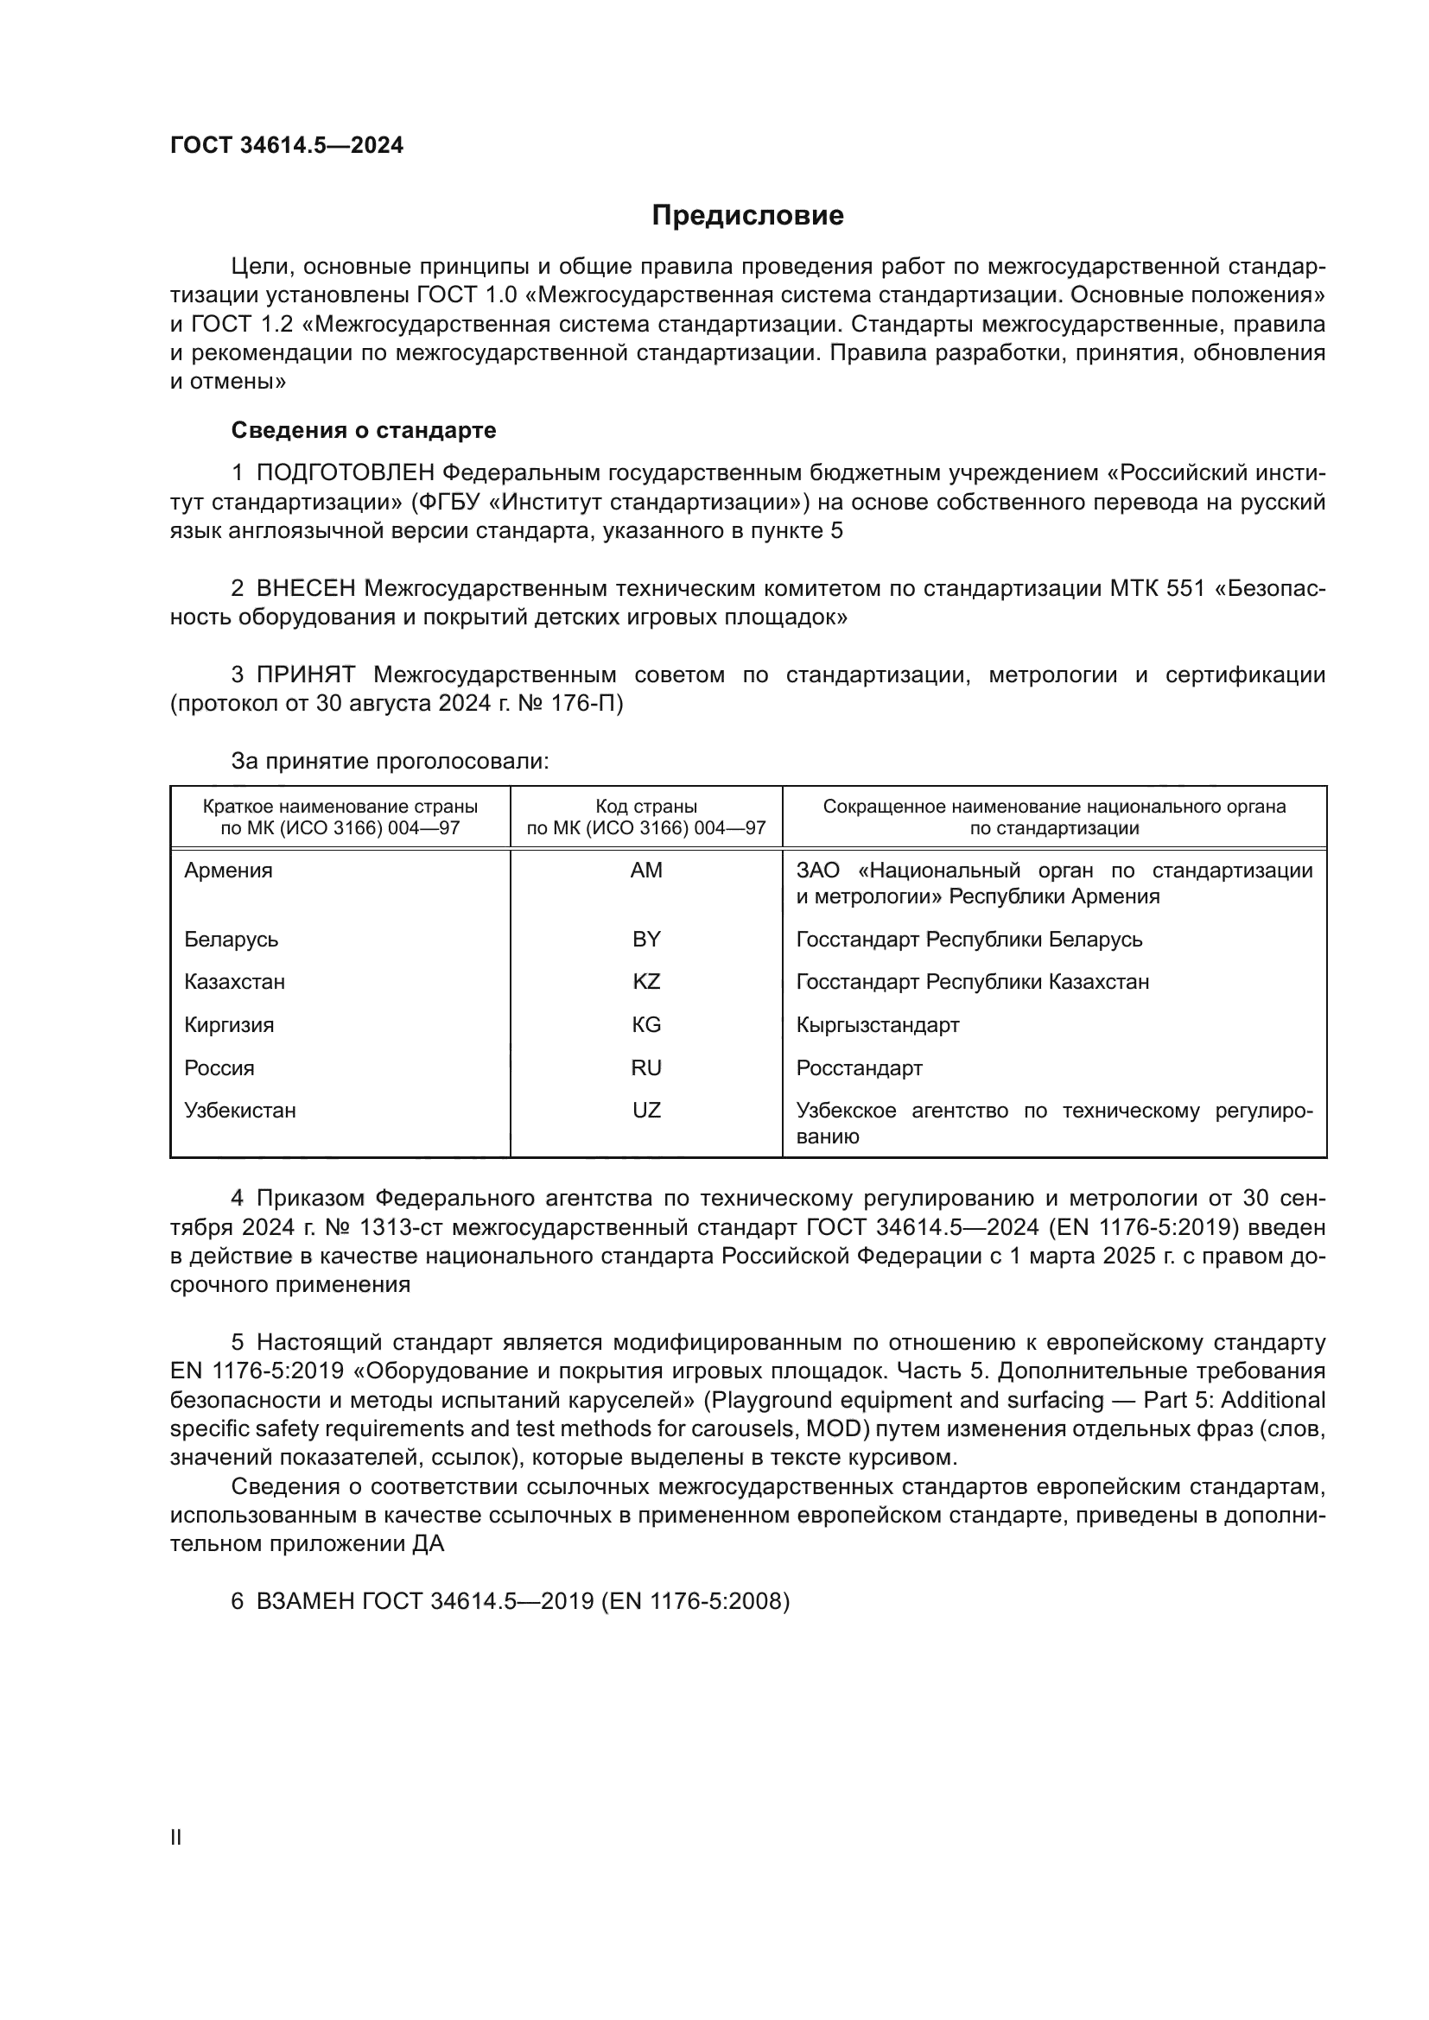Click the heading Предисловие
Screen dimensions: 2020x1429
pyautogui.click(x=747, y=216)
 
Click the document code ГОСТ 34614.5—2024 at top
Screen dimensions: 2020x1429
pyautogui.click(x=287, y=145)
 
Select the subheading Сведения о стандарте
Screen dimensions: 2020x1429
pyautogui.click(x=364, y=430)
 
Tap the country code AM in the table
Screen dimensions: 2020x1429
pyautogui.click(x=646, y=871)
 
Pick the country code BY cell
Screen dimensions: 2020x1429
pyautogui.click(x=646, y=939)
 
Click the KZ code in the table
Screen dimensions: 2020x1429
pyautogui.click(x=646, y=981)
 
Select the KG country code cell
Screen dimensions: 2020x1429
pyautogui.click(x=646, y=1024)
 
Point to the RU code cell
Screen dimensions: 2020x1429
pyautogui.click(x=646, y=1067)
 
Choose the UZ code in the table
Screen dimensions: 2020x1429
pyautogui.click(x=646, y=1111)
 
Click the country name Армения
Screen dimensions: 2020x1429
pyautogui.click(x=228, y=871)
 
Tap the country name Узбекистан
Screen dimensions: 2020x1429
pyautogui.click(x=239, y=1111)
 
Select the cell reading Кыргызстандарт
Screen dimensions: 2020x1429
pyautogui.click(x=877, y=1024)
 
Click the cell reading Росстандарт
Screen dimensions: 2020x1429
pyautogui.click(x=859, y=1067)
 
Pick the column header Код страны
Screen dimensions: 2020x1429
pyautogui.click(x=646, y=807)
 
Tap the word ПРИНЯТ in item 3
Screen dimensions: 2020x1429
pyautogui.click(x=305, y=674)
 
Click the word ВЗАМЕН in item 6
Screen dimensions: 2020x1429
pyautogui.click(x=305, y=1600)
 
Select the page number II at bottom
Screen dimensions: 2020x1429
pyautogui.click(x=176, y=1837)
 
